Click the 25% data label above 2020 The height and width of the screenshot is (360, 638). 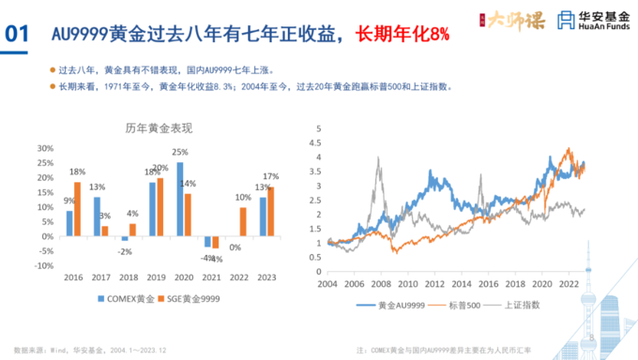[x=180, y=152]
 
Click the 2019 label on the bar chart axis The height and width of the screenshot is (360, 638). [x=156, y=278]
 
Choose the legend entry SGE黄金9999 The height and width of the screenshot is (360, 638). [x=192, y=298]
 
